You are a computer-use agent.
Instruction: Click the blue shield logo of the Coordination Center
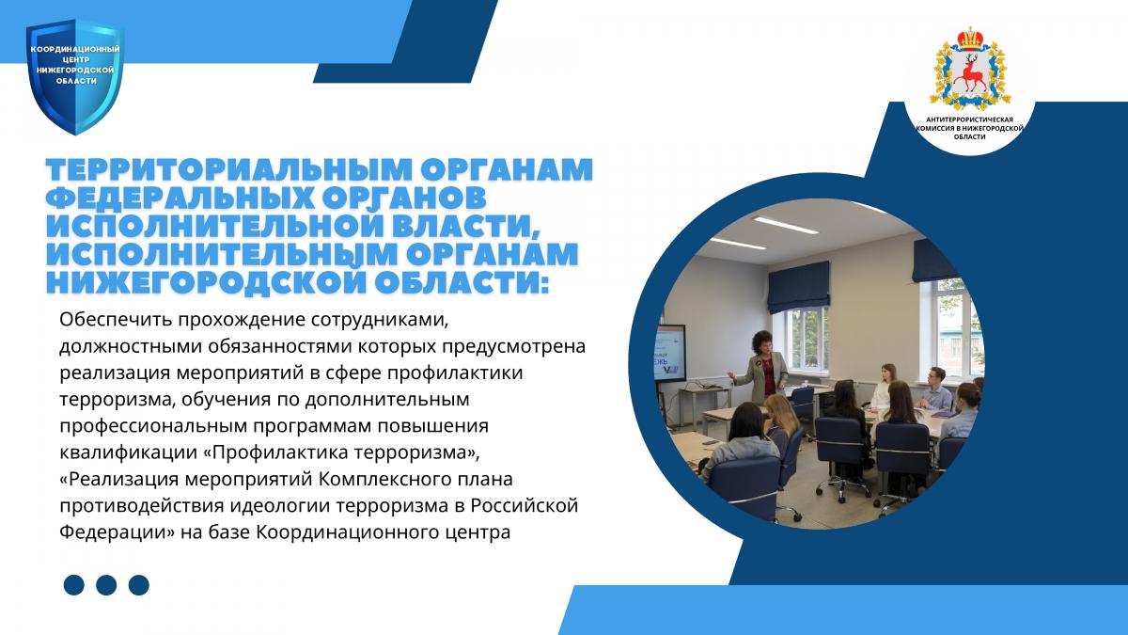coord(74,76)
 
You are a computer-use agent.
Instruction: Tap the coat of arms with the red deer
coord(970,69)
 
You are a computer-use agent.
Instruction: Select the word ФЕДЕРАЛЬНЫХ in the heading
coord(181,198)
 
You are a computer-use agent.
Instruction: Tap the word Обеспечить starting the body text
coord(114,320)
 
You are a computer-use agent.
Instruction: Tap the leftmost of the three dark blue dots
coord(74,585)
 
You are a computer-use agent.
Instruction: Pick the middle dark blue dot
coord(106,585)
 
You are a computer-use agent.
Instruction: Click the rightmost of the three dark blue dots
coord(139,585)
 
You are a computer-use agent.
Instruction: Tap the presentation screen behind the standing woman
coord(669,354)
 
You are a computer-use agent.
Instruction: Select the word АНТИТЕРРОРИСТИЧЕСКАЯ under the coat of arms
coord(969,120)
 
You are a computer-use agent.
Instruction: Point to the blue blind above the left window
coord(799,286)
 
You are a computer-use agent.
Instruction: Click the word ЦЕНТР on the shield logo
coord(74,60)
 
